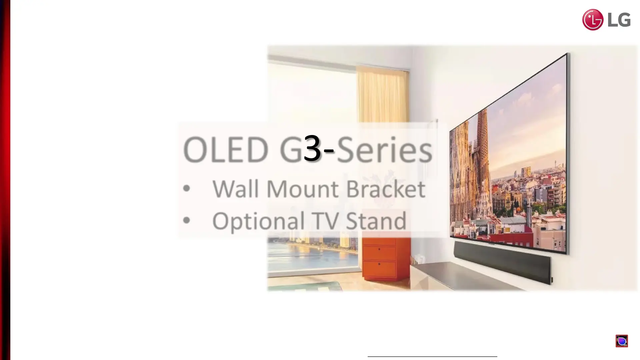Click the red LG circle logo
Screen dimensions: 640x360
593,20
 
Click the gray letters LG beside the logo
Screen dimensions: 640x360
619,20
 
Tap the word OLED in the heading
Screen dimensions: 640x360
226,150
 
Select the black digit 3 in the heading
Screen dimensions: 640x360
312,149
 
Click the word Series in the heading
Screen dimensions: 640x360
385,150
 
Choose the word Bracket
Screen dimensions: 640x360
386,189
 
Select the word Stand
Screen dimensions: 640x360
376,221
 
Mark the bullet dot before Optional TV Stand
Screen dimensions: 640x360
187,220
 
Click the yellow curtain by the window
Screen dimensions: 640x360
383,95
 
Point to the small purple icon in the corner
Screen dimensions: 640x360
622,341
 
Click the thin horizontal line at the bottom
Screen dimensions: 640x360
432,356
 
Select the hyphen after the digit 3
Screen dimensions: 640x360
329,151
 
